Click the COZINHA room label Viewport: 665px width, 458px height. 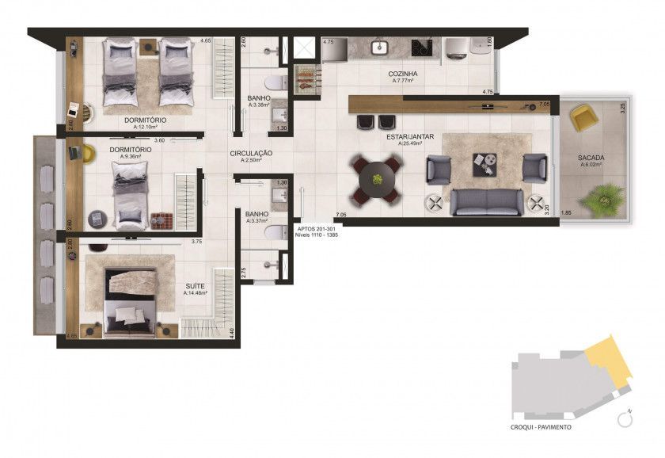(x=402, y=74)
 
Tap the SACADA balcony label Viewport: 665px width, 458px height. (x=591, y=158)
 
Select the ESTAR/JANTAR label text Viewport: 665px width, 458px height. (x=410, y=136)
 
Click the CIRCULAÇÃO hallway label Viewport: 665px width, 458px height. (x=252, y=153)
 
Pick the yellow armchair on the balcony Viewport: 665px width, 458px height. (x=584, y=119)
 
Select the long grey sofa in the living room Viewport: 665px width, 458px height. (x=486, y=202)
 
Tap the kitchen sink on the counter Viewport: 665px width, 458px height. (x=378, y=48)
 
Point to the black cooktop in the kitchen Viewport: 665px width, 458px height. (x=420, y=48)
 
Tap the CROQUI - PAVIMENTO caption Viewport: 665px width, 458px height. (x=541, y=427)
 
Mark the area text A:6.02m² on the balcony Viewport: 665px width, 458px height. (x=591, y=166)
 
